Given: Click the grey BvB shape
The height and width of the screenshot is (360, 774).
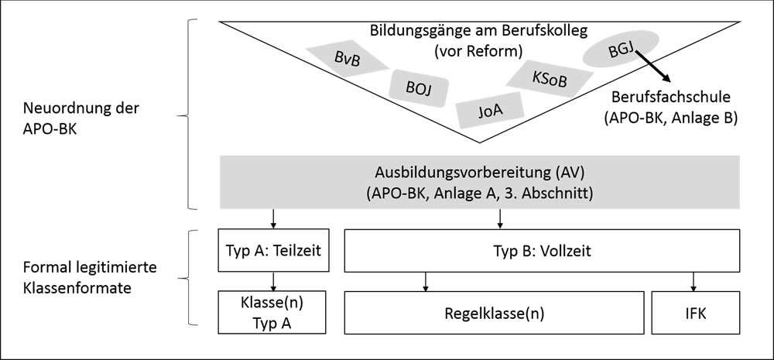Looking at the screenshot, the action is pos(348,58).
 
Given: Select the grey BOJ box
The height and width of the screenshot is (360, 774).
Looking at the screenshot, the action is pos(419,88).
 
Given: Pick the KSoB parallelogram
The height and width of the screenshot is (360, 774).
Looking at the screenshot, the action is pos(550,78).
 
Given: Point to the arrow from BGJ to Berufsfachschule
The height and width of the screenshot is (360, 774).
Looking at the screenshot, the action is pos(652,66).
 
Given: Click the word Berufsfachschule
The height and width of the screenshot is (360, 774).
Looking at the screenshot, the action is pos(670,97).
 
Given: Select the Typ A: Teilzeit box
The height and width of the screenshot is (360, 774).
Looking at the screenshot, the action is pos(273,250).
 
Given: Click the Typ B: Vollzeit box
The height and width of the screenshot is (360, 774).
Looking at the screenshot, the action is pos(542,250).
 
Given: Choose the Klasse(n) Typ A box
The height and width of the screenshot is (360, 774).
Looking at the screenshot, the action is pos(272,313).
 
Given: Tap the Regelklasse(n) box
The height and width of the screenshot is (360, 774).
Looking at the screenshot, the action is pos(494,313).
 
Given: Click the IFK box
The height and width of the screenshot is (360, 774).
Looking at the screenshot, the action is pos(696,313).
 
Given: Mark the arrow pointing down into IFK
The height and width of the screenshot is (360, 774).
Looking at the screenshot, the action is pos(694,282).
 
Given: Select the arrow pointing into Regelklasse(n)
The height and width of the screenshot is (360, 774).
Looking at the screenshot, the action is pos(425,282).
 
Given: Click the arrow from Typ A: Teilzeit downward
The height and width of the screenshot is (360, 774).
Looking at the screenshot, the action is pos(273,282).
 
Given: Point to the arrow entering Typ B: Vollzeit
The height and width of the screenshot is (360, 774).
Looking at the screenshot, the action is pos(500,219).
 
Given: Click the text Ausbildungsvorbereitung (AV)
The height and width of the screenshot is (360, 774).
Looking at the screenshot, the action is pos(479,173).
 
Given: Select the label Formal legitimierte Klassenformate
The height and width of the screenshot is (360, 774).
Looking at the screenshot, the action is pos(89,277).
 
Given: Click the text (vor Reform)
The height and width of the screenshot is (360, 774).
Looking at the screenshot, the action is pos(478,51).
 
